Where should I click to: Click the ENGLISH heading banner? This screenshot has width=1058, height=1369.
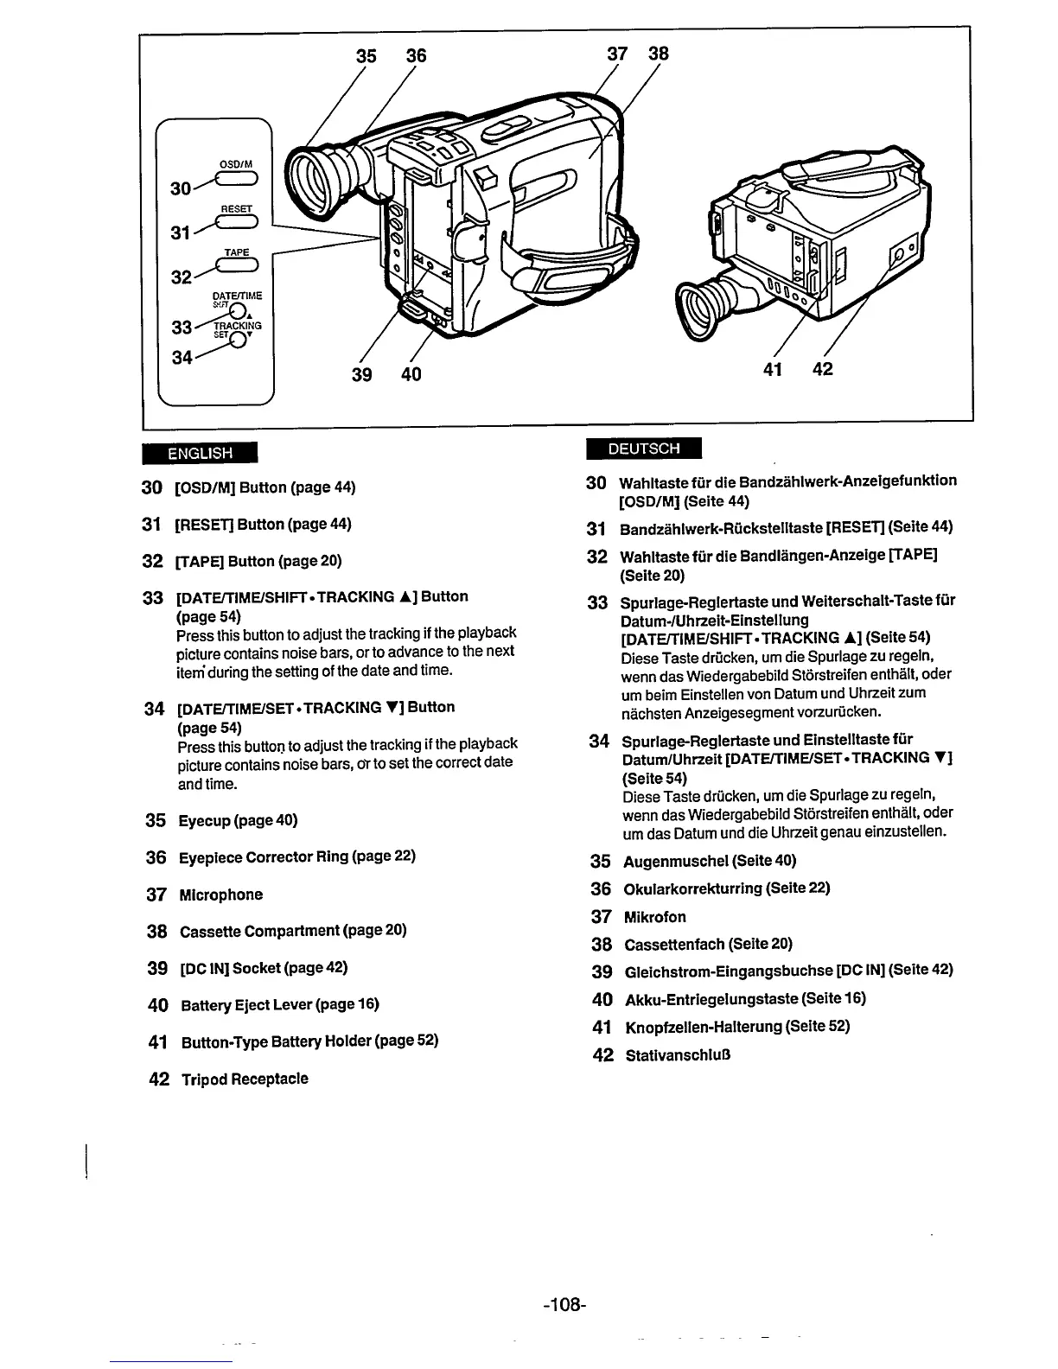pos(201,452)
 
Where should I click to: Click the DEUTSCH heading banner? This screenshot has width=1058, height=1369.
pos(643,449)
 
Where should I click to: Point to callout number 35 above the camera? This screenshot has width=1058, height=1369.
pos(367,55)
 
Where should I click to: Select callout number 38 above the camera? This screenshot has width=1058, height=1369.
pos(659,54)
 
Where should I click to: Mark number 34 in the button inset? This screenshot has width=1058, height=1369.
pos(182,356)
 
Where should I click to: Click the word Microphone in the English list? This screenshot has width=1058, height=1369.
pos(220,895)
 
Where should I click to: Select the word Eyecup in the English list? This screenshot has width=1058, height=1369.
pos(204,820)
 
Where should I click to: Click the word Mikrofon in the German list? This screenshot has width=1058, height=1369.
pos(654,917)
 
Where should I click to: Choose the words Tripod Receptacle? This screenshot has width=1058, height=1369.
pos(244,1079)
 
